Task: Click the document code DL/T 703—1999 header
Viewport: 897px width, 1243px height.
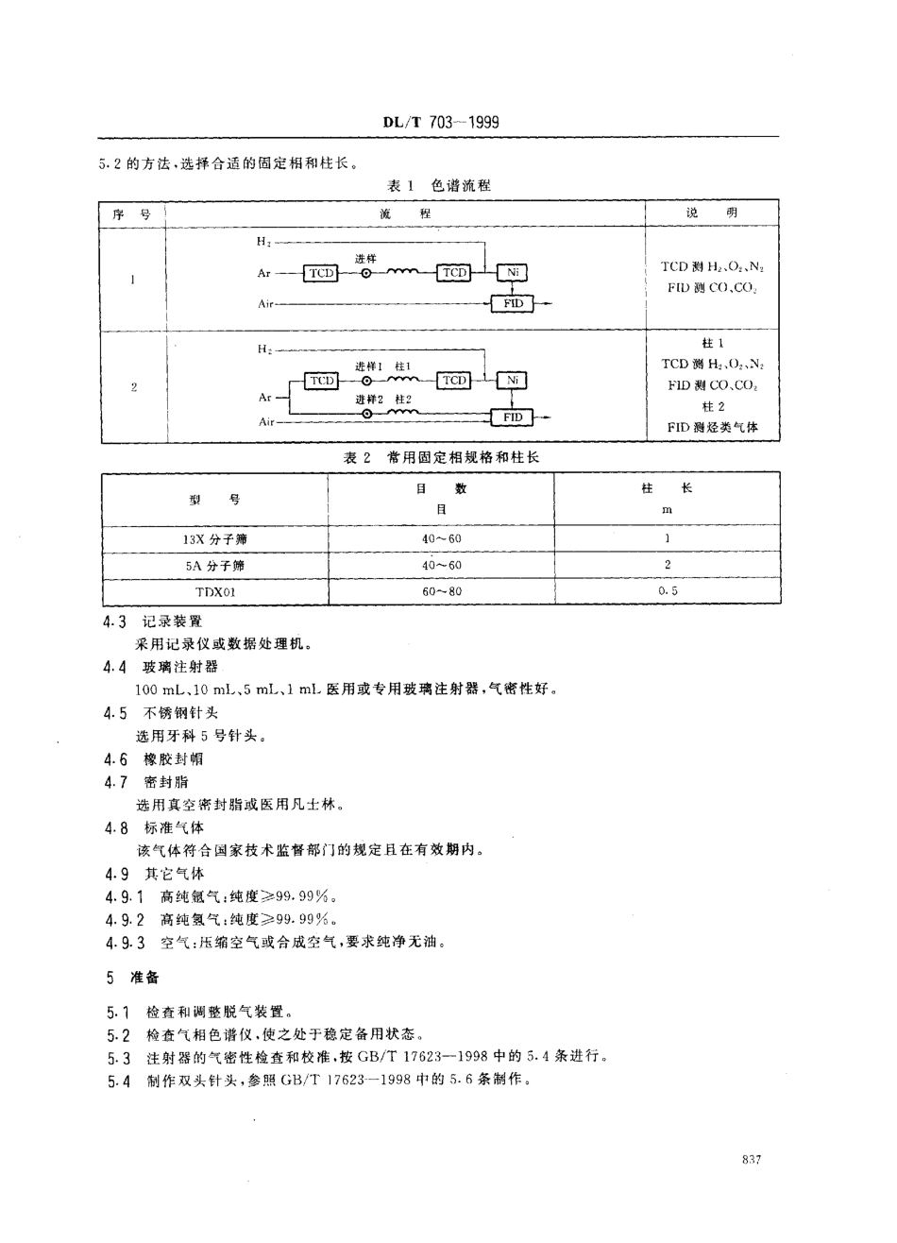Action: [439, 123]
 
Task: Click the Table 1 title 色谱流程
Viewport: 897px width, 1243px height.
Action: [439, 185]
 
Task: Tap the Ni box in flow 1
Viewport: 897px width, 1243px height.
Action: [512, 273]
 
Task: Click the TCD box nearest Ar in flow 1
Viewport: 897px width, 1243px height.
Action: [321, 273]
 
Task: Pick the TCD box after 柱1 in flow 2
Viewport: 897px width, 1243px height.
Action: [454, 381]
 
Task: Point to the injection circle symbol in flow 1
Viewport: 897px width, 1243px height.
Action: [366, 274]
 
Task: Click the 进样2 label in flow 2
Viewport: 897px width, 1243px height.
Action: [368, 400]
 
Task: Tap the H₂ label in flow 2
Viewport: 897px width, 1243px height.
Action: [263, 349]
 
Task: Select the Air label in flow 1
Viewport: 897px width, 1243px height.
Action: [265, 304]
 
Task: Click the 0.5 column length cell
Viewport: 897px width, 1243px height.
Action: [667, 591]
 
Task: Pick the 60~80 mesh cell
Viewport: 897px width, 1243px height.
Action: [441, 591]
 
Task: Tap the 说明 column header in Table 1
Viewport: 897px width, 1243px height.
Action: [712, 213]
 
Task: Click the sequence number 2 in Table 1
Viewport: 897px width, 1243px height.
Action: [133, 386]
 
